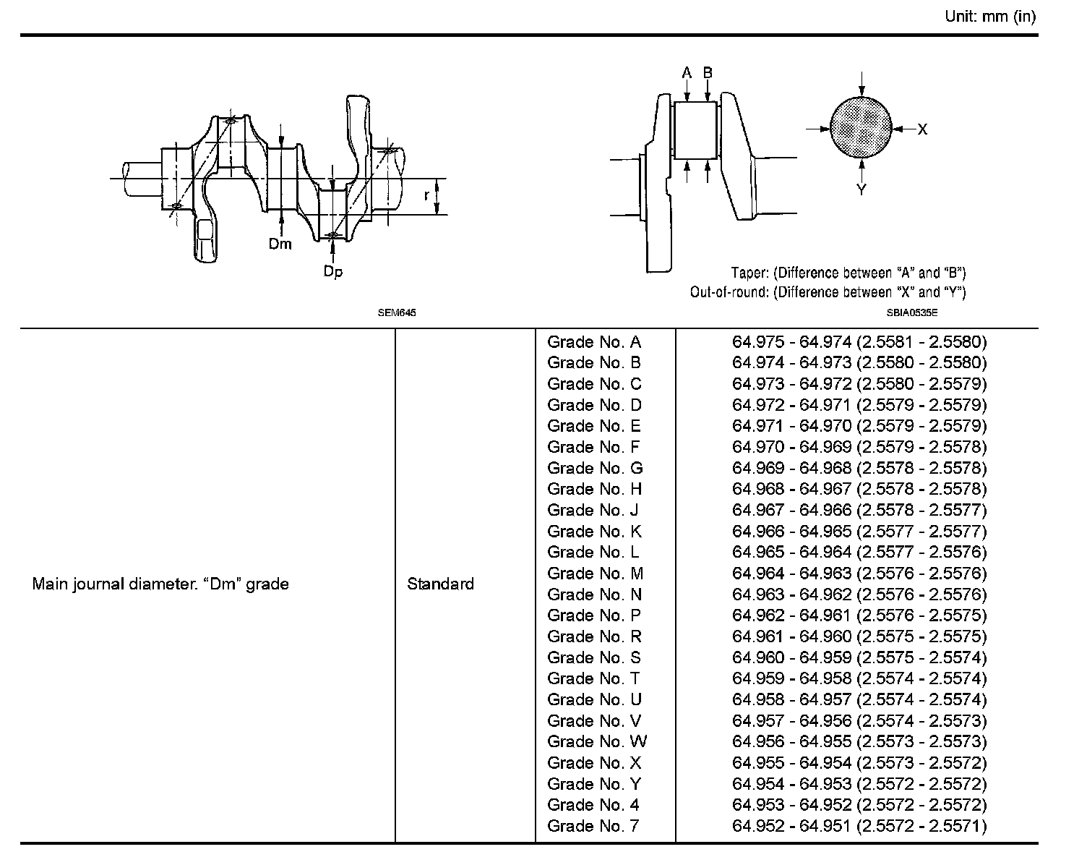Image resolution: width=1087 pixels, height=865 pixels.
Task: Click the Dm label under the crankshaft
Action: point(280,244)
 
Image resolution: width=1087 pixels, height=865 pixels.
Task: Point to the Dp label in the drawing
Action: point(333,271)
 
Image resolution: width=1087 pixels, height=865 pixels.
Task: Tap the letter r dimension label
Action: point(426,195)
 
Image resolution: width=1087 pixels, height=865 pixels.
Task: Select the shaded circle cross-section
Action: point(861,128)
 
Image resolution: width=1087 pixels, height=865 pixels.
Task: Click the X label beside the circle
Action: point(922,129)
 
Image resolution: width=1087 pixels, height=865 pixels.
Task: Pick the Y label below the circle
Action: point(862,190)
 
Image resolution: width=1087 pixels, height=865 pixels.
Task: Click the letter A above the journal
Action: point(687,72)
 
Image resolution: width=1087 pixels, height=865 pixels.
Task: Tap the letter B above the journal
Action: point(708,72)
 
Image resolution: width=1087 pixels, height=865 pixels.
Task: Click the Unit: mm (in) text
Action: point(990,17)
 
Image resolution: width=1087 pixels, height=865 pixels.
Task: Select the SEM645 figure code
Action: point(398,313)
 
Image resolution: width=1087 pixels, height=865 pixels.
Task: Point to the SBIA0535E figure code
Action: point(912,313)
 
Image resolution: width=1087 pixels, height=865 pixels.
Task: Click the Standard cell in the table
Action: point(441,584)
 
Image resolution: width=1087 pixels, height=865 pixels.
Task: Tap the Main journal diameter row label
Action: point(160,584)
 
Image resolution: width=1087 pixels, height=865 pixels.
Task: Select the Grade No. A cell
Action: point(594,342)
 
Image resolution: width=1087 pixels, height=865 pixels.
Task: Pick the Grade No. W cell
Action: point(597,741)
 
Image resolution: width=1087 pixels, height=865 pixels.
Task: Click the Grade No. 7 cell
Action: point(593,826)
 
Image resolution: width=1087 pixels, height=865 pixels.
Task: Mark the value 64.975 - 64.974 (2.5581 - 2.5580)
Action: point(859,342)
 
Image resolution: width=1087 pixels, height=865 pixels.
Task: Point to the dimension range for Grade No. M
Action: point(859,574)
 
